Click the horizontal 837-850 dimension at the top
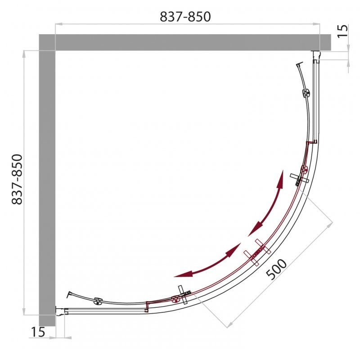pos(185,17)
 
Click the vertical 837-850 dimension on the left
pos(17,179)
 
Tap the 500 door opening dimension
pos(276,269)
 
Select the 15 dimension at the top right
pos(342,31)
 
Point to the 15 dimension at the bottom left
pos(38,332)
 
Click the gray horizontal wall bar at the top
pos(185,42)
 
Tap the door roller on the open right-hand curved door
pos(306,93)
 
